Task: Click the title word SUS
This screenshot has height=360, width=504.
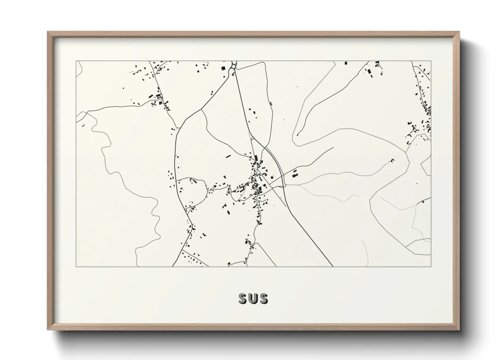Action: coord(253,299)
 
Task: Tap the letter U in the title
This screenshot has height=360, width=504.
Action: coord(253,299)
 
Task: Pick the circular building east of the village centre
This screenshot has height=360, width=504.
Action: coord(272,177)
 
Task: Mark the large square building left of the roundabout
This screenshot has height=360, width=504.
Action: coord(223,68)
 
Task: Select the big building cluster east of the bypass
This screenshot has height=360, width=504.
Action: coord(295,174)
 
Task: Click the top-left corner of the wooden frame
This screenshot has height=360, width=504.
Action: coord(48,32)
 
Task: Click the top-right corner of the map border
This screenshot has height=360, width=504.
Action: coord(431,61)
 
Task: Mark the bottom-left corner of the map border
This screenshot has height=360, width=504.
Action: coord(76,266)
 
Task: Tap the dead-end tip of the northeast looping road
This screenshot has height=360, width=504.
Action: coord(297,135)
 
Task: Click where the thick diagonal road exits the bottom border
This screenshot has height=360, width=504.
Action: coord(332,266)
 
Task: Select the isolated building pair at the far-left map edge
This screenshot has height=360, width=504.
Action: coord(83,125)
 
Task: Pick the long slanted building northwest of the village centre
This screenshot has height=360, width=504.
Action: coord(228,157)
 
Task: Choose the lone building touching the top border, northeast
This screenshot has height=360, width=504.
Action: coord(346,63)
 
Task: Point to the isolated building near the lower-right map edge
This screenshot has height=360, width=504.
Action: coord(423,202)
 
